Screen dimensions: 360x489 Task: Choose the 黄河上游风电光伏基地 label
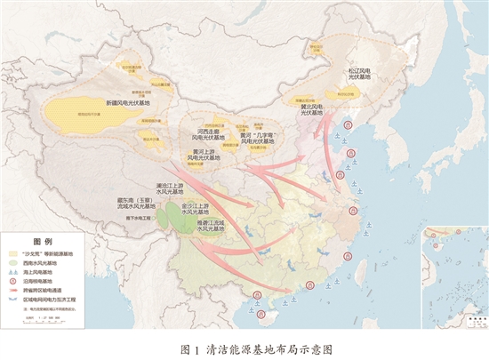point(205,156)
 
